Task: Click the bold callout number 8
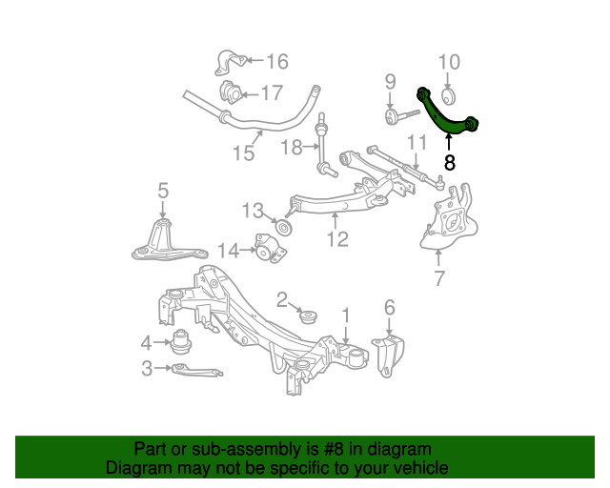pos(450,163)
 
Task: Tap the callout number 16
pos(276,62)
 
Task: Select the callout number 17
pos(272,93)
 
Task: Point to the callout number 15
pos(243,152)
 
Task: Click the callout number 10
pos(449,63)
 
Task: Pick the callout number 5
pos(163,191)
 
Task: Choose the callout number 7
pos(438,278)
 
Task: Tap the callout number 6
pos(389,307)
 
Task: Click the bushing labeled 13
pos(284,230)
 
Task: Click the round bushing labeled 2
pos(308,315)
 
